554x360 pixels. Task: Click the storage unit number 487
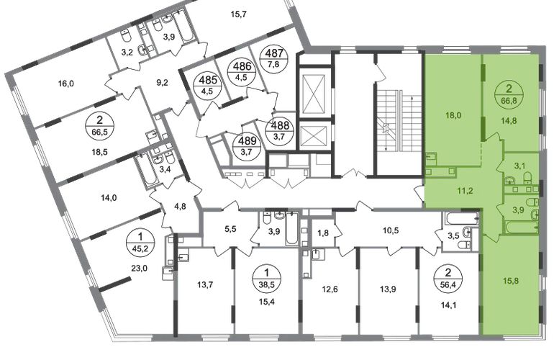275,58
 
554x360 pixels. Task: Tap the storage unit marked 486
243,71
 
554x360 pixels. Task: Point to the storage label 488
279,125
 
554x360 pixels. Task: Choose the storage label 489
248,145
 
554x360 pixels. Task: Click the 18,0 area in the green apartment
453,116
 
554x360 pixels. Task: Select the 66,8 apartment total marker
509,95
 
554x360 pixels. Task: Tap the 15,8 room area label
511,282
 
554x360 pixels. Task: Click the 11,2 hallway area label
466,191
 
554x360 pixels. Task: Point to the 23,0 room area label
139,269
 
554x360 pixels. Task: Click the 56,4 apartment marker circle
449,279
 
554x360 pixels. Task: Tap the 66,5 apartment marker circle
99,125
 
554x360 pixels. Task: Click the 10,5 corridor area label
391,230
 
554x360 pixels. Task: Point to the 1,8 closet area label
323,233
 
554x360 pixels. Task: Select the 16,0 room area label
65,84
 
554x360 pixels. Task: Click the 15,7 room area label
238,14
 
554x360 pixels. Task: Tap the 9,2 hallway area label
162,83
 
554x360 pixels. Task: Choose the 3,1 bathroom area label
519,165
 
